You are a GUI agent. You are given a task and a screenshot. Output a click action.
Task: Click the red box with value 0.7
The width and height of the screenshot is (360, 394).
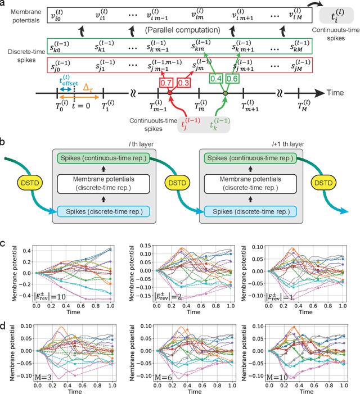tap(166, 83)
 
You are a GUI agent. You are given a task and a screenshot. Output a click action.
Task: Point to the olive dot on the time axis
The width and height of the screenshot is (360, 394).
tap(226, 93)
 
